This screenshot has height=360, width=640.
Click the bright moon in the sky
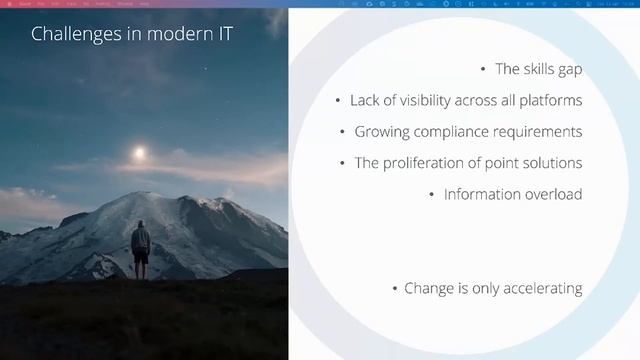pos(139,152)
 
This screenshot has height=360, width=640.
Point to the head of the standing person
pos(141,225)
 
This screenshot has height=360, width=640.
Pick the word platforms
pos(551,100)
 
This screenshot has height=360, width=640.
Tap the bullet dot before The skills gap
pos(484,70)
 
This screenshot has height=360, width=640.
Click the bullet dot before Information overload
pos(432,194)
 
